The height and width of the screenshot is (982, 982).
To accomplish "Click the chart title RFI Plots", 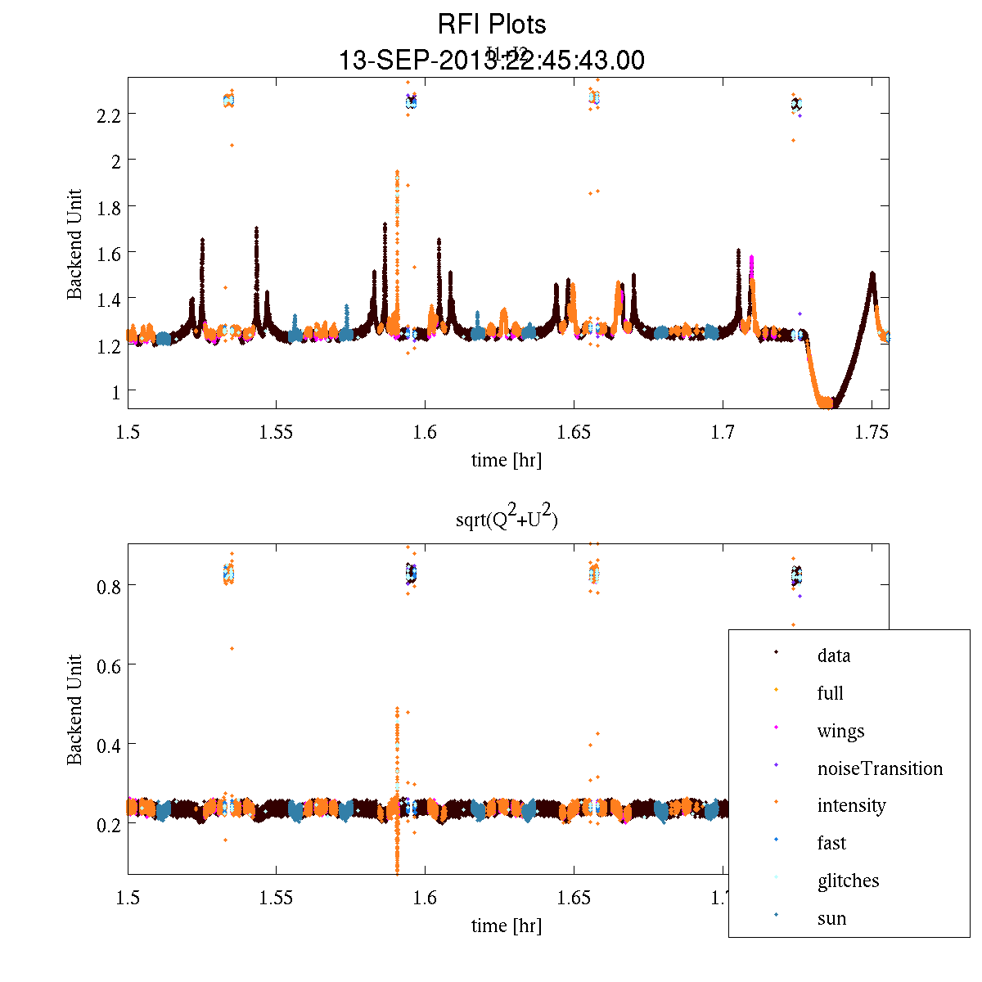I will point(491,24).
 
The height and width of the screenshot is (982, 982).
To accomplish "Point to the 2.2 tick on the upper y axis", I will point(110,115).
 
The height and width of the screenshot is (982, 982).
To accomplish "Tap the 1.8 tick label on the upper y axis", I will point(110,208).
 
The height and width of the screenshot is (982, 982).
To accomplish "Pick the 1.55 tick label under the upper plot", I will point(276,432).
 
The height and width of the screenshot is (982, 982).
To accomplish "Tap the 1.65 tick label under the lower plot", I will point(574,898).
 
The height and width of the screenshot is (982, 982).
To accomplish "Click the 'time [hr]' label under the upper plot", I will point(506,460).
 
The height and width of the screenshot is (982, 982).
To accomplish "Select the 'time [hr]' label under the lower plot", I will point(506,926).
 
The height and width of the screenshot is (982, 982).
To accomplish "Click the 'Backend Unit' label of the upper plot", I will point(74,244).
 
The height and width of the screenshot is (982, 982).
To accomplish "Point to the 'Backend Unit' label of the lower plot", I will point(74,709).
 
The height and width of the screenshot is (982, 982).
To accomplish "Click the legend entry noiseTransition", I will point(880,768).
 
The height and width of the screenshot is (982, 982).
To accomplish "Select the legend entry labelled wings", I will point(840,731).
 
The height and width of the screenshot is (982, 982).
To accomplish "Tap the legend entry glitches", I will point(848,881).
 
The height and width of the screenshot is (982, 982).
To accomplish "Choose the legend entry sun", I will point(831,918).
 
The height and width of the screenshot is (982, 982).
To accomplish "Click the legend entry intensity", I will point(851,805).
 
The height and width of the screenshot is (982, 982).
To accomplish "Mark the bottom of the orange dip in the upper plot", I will point(827,403).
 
